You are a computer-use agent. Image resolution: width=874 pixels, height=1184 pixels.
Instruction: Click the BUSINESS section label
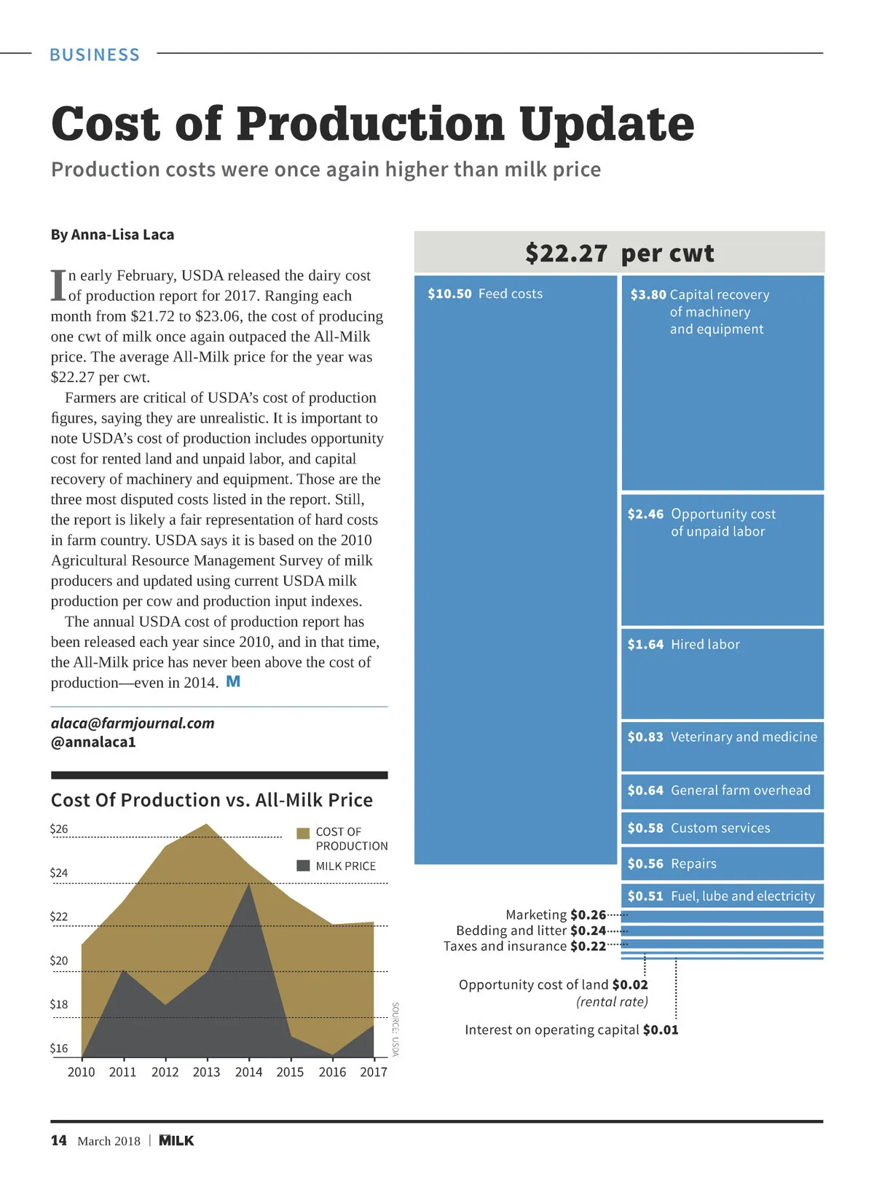click(95, 55)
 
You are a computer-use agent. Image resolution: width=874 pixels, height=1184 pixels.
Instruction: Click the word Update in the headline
click(607, 124)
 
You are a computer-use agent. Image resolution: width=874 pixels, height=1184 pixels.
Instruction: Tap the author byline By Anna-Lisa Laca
click(112, 235)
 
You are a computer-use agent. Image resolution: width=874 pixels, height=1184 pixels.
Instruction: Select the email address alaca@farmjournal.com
click(133, 723)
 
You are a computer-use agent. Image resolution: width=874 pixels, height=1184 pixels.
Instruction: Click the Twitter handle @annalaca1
click(93, 742)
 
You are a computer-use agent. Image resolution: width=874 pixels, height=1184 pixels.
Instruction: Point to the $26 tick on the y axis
click(59, 828)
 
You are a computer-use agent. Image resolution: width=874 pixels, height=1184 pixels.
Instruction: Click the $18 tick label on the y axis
click(59, 1004)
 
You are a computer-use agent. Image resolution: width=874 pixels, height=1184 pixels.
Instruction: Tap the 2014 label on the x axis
click(248, 1072)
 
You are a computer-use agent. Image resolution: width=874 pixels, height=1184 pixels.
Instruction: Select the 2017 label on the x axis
click(374, 1072)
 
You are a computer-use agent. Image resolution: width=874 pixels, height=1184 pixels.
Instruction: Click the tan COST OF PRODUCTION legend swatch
click(304, 833)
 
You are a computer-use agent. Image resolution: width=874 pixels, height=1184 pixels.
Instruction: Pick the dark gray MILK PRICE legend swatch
click(304, 866)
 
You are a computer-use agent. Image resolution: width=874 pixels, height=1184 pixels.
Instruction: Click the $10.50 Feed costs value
click(449, 294)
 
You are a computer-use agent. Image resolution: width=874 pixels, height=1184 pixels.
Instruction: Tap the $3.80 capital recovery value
click(648, 294)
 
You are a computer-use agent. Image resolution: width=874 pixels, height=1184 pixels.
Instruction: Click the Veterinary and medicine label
click(744, 737)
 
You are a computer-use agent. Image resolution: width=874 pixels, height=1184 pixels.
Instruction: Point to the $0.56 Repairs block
click(722, 863)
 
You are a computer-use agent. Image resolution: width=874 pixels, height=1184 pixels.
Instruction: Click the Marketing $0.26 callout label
click(556, 914)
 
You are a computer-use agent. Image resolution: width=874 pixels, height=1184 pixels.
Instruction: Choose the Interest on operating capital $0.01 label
click(571, 1030)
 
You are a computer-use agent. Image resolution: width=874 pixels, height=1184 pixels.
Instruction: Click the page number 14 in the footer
click(59, 1140)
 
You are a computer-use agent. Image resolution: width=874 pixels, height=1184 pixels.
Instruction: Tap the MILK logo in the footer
click(176, 1140)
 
